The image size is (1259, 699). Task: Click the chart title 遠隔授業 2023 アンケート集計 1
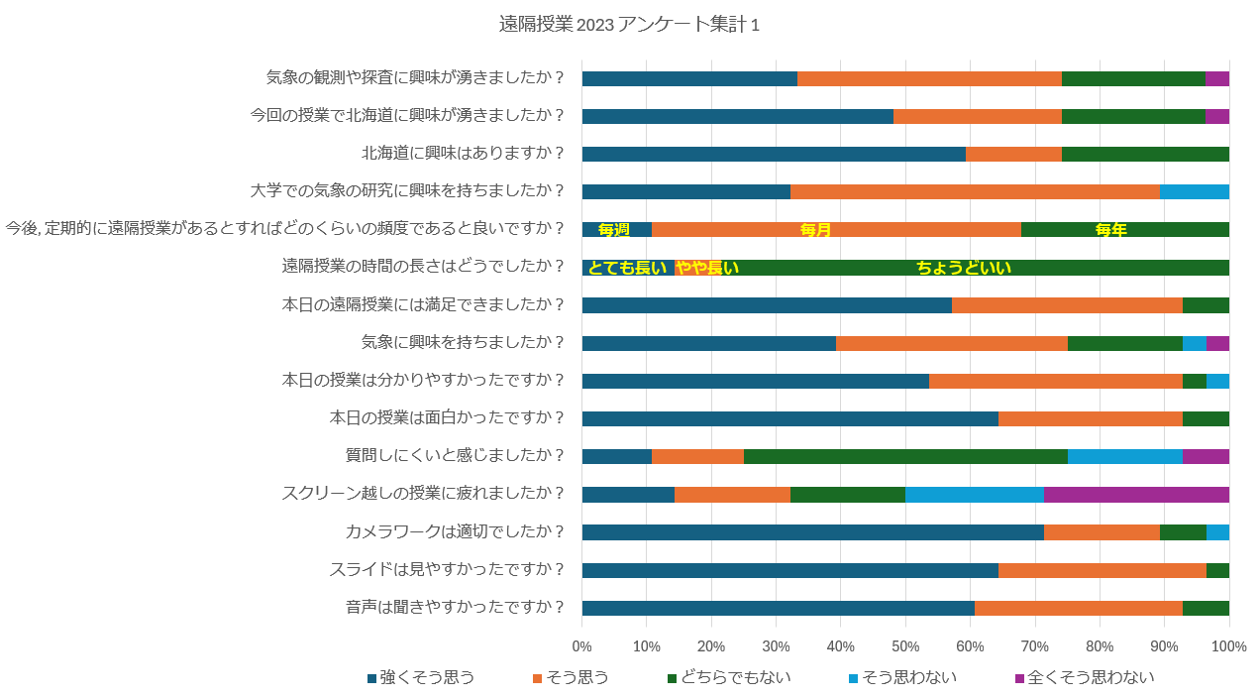pos(629,25)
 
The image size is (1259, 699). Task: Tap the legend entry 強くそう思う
pos(420,678)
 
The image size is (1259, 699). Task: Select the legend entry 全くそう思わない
pos(1085,678)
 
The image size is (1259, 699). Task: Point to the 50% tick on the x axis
pos(905,646)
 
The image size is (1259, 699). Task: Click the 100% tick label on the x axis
pos(1228,646)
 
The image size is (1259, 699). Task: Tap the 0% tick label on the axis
pos(582,646)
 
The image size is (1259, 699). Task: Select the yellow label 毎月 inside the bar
pos(815,230)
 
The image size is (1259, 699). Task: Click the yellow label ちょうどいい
pos(963,268)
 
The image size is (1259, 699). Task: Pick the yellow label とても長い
pos(627,268)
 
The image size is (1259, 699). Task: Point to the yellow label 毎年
pos(1110,230)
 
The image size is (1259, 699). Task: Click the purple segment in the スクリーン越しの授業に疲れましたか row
pos(1136,495)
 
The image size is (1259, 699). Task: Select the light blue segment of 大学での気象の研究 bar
pos(1194,192)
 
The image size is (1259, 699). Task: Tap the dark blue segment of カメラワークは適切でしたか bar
pos(812,532)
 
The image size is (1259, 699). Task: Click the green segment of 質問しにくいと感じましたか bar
pos(905,456)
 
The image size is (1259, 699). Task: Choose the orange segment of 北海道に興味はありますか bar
pos(1013,154)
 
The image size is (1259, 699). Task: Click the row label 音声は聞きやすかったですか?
pos(456,608)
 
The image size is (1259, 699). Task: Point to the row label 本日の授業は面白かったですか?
pos(447,418)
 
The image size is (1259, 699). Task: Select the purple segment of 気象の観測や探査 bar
pos(1217,79)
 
